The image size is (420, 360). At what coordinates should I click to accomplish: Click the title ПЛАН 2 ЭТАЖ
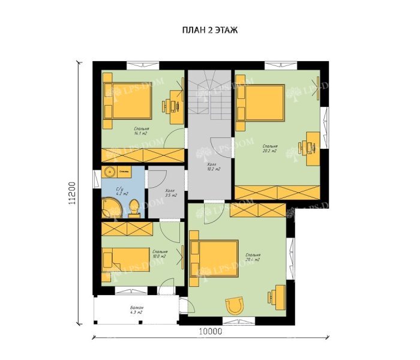pyautogui.click(x=209, y=30)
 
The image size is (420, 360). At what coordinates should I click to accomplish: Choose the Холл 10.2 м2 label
pyautogui.click(x=213, y=166)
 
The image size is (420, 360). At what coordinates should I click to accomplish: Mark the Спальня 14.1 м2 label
pyautogui.click(x=142, y=131)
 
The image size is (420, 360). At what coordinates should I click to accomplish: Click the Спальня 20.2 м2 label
pyautogui.click(x=269, y=148)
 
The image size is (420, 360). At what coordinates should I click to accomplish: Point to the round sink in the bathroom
pyautogui.click(x=110, y=173)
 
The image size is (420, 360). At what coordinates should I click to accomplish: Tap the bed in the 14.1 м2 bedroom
pyautogui.click(x=127, y=100)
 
